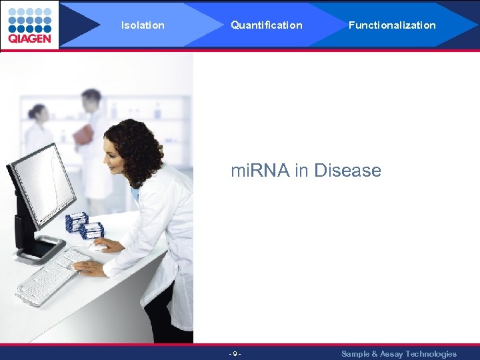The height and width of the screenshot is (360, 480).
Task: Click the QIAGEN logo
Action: (29, 25)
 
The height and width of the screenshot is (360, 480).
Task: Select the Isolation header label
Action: (143, 25)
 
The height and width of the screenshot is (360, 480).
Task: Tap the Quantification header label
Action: (266, 25)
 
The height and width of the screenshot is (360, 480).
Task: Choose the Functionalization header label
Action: (392, 25)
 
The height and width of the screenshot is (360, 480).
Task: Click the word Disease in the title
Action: (347, 171)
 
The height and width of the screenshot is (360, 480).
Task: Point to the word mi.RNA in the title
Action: (260, 171)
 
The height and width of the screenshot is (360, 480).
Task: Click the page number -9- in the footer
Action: (235, 354)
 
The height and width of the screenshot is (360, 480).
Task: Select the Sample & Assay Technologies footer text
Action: (399, 354)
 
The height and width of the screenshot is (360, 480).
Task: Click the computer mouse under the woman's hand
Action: (99, 247)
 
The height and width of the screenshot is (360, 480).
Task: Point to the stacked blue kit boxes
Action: (84, 225)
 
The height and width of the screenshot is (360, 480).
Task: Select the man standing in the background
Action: (94, 140)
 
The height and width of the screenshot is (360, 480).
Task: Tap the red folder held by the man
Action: (83, 135)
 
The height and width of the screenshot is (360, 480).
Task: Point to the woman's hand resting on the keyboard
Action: (89, 268)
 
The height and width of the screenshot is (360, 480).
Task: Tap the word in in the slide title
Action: (301, 171)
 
